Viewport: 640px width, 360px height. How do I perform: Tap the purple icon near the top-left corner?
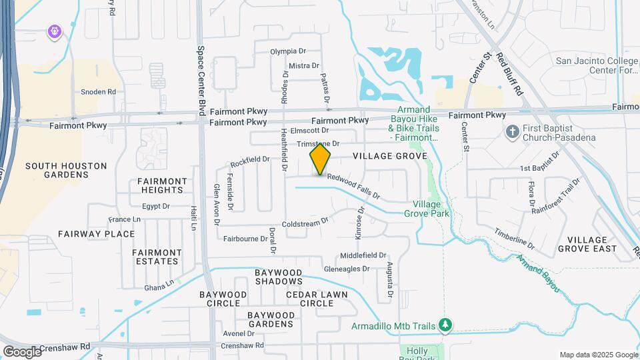point(54,31)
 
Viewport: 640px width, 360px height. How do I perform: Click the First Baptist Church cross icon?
point(512,131)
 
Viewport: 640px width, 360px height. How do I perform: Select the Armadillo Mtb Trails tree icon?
point(445,325)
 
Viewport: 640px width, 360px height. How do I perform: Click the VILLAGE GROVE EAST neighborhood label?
point(587,244)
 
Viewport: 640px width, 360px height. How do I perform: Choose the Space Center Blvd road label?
point(199,78)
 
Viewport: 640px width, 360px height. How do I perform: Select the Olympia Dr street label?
point(288,51)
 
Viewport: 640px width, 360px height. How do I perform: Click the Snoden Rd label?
point(98,92)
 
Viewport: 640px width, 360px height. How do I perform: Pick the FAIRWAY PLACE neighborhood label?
point(96,234)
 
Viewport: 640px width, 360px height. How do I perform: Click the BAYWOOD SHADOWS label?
point(279,277)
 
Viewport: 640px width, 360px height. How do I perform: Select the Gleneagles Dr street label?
point(346,269)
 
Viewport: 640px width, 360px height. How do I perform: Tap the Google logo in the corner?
point(21,351)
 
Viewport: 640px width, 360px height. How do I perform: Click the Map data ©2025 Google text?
point(598,355)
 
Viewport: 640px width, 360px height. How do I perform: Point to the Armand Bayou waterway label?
point(537,274)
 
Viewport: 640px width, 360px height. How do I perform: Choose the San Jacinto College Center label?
point(597,65)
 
